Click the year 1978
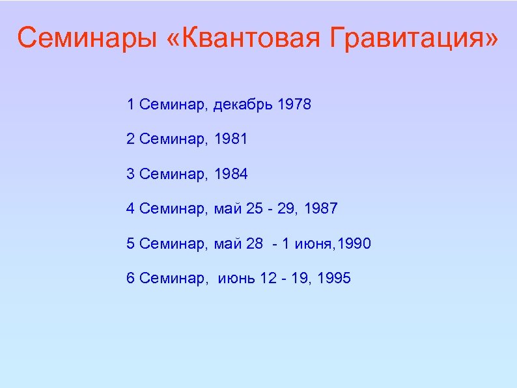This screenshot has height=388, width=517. coord(294,104)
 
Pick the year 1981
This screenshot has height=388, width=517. coord(231,139)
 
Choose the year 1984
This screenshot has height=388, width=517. coord(231,174)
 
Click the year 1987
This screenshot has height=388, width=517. coord(320,209)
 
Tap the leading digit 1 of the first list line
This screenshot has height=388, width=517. coord(130,104)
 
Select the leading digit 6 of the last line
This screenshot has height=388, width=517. coord(130,279)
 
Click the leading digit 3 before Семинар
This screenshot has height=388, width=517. coord(130,174)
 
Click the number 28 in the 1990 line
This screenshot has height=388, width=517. coord(255,244)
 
